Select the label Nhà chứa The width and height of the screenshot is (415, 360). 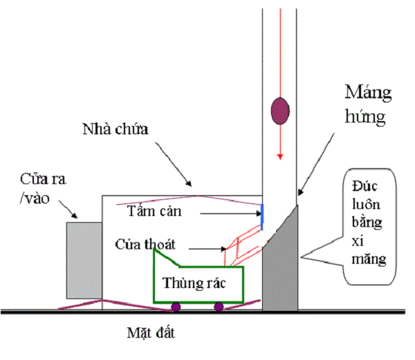(115, 129)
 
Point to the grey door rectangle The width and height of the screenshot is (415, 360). (84, 252)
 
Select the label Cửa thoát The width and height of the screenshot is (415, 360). (146, 244)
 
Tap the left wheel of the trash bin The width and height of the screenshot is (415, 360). (176, 306)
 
